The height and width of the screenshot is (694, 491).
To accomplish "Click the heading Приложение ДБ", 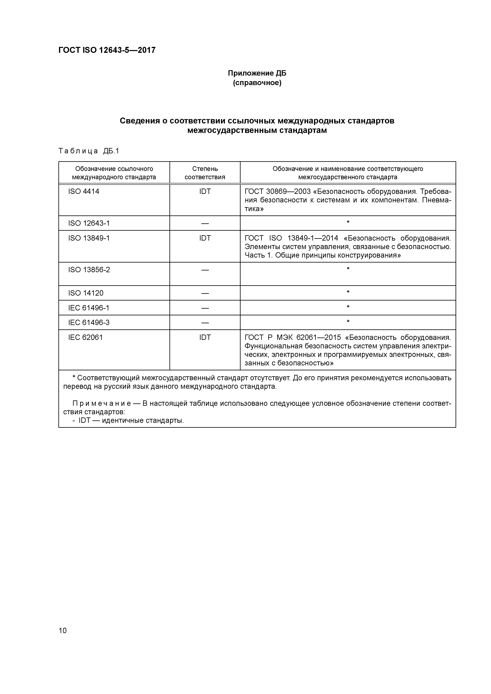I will pos(257,73).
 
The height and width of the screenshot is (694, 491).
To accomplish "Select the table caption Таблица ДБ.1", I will pos(89,151).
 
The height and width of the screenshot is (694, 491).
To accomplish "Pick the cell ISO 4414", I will pos(84,191).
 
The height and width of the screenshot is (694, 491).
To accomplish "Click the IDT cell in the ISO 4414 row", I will pos(205,191).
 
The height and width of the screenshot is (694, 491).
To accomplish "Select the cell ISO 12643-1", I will pos(89,223).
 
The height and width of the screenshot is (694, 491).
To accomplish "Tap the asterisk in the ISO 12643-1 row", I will pos(348,223).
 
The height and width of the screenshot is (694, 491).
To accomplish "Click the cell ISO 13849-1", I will pos(89,238).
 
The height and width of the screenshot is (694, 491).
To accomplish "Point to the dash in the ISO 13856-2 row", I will pos(205,270).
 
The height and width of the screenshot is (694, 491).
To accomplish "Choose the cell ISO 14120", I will pos(86,293).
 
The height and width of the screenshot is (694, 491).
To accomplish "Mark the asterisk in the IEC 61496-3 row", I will pos(348,322).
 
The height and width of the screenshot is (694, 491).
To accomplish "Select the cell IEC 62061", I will pos(86,337).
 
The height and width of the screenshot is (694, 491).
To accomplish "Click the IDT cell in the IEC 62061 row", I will pos(205,337).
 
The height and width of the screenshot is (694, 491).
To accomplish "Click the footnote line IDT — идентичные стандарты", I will pos(131,420).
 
